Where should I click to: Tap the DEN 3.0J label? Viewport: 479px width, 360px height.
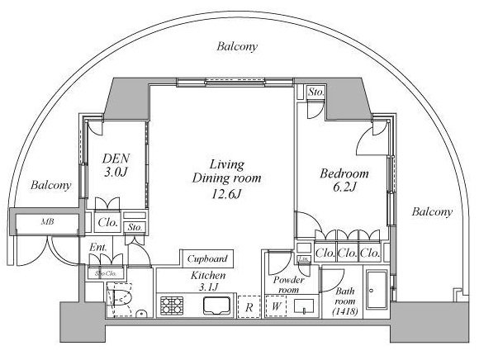pyautogui.click(x=114, y=165)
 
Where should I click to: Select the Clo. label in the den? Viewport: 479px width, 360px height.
pyautogui.click(x=107, y=222)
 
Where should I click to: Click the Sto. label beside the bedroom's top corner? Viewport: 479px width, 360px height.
pyautogui.click(x=315, y=92)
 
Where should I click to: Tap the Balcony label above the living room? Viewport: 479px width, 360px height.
pyautogui.click(x=238, y=47)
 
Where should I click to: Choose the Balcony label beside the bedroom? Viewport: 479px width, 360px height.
pyautogui.click(x=432, y=212)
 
